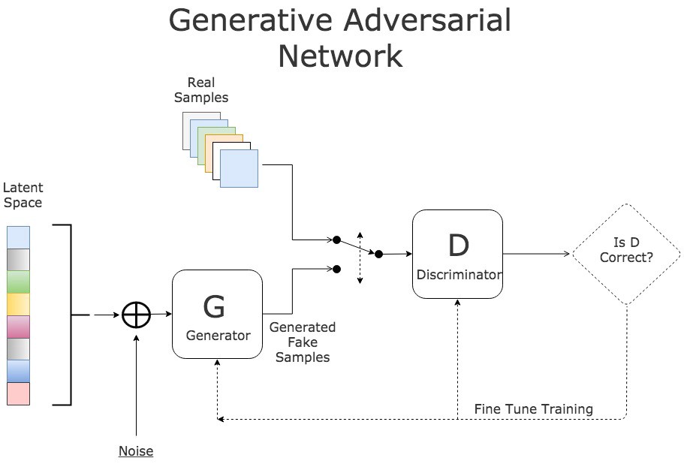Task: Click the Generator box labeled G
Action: [x=217, y=314]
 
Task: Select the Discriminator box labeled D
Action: [x=457, y=254]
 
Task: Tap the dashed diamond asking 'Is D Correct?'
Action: [x=626, y=254]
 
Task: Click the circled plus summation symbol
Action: [x=136, y=315]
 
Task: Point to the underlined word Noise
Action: [x=136, y=451]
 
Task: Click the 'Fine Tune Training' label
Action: [x=533, y=409]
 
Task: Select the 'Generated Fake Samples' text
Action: [x=303, y=342]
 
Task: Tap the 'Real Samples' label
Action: [x=201, y=90]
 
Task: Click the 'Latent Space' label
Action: [x=23, y=195]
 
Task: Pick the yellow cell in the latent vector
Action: [x=18, y=304]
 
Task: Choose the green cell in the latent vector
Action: [x=18, y=282]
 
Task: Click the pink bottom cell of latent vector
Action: [x=18, y=393]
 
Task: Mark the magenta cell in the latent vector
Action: [x=18, y=327]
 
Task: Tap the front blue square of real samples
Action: [x=239, y=167]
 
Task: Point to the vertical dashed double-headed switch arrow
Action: [x=360, y=258]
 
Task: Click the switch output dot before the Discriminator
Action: [x=378, y=255]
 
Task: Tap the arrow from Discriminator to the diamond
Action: [x=537, y=254]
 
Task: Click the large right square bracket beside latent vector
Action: [x=69, y=315]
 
